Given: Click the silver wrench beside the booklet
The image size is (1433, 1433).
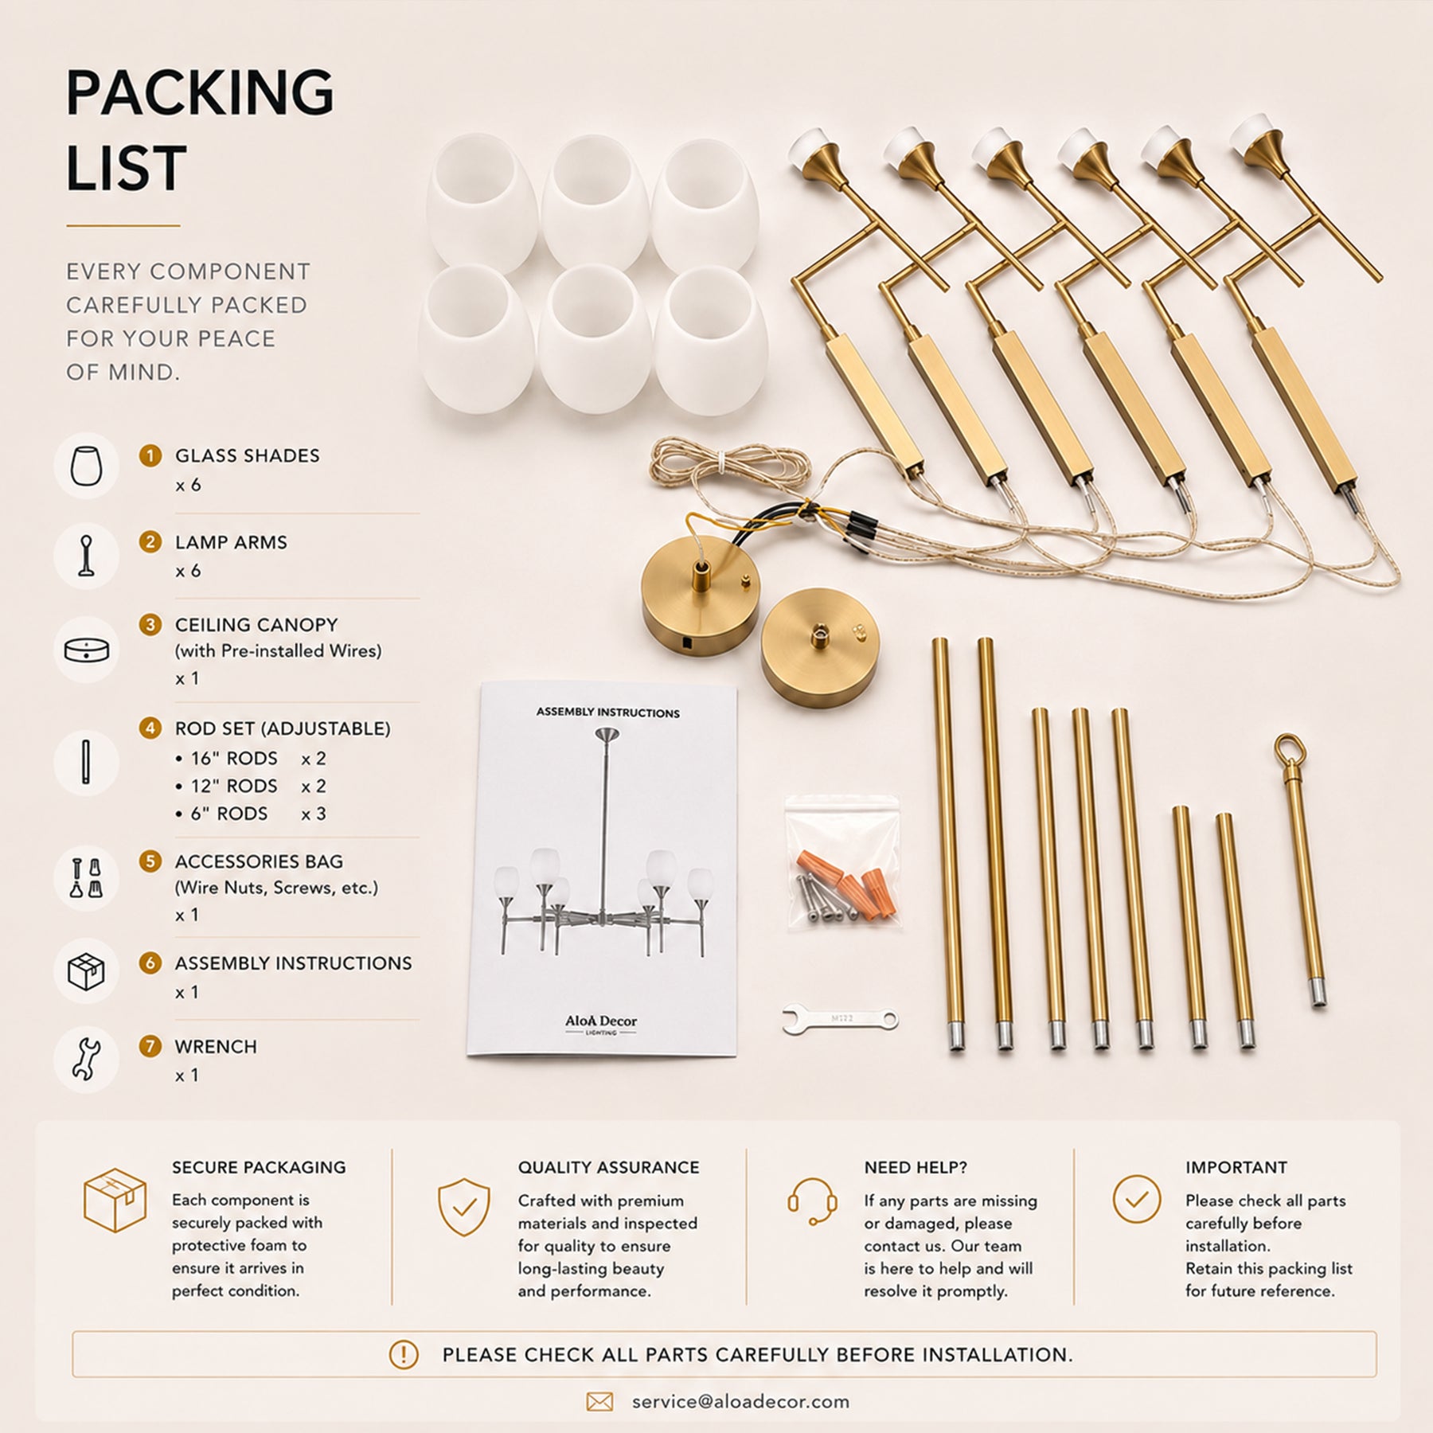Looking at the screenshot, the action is click(840, 1020).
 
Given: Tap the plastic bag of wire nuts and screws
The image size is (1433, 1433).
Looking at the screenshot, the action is click(842, 862).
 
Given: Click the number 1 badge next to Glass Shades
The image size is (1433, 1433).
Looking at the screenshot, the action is click(150, 455).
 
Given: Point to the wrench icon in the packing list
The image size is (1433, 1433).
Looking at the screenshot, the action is click(87, 1060).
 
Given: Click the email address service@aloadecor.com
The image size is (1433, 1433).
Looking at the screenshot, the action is click(740, 1402).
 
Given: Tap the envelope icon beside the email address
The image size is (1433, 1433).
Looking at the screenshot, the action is click(599, 1402).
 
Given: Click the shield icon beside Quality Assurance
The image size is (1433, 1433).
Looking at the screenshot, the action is click(464, 1208).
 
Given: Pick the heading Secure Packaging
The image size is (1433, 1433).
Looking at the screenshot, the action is click(259, 1167).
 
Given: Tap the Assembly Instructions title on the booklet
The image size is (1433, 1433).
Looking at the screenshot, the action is click(607, 713).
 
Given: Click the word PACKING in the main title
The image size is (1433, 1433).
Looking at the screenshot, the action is click(200, 93).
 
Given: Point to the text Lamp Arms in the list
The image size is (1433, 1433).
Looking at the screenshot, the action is click(231, 542).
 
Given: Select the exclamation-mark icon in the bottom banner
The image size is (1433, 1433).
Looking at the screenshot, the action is click(404, 1354).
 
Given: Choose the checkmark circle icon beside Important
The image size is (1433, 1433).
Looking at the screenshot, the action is click(1136, 1199).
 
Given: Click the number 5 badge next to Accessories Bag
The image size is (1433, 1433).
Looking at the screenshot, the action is click(150, 861).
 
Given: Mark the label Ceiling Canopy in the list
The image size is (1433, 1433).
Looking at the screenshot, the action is click(256, 625).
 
